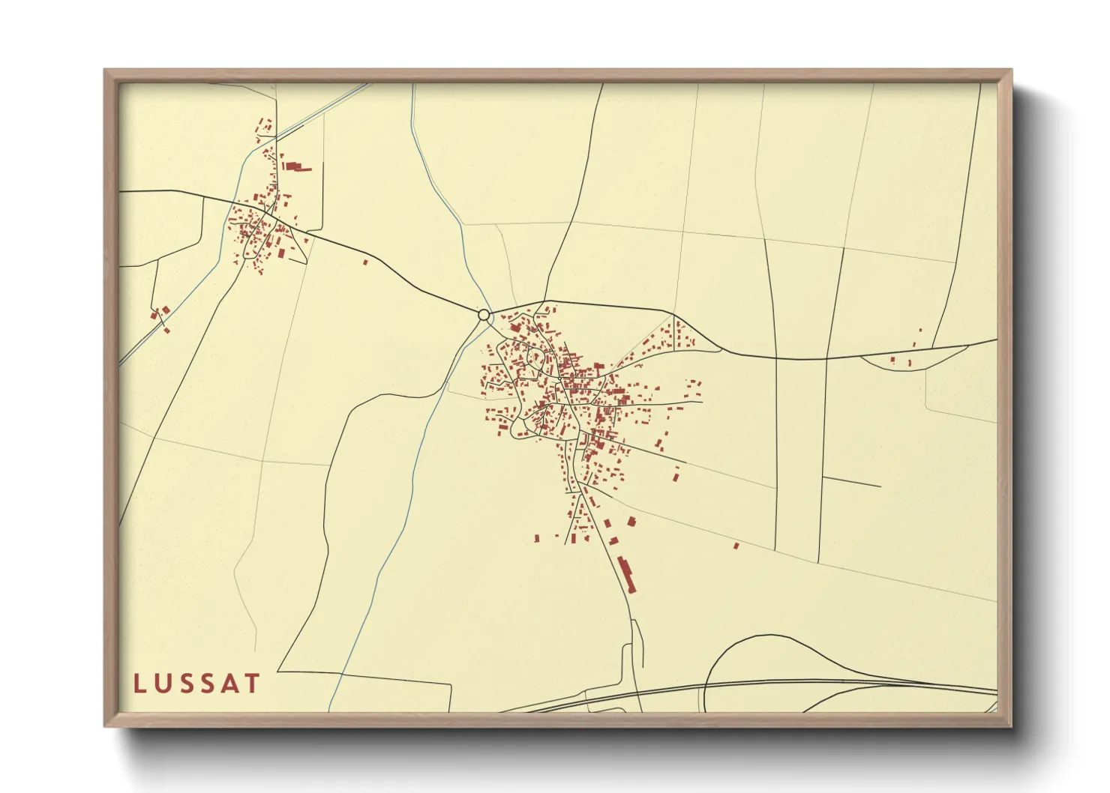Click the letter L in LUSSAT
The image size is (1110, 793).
(x=139, y=684)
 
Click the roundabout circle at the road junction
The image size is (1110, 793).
(x=484, y=315)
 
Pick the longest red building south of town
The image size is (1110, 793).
(x=625, y=573)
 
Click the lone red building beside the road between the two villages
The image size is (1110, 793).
(x=365, y=262)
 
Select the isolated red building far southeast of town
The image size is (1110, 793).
(x=736, y=546)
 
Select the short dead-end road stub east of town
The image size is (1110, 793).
(x=851, y=482)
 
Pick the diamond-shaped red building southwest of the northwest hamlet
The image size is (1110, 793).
(x=165, y=310)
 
